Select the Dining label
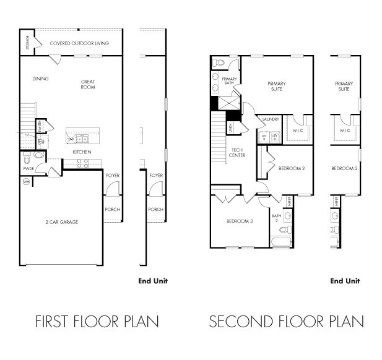40,79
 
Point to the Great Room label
88,84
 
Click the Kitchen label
82,152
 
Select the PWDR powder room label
28,168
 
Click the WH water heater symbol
26,182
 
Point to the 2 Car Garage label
61,221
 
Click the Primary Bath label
230,81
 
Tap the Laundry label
271,119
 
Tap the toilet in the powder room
38,159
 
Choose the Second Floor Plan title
286,322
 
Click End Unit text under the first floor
152,280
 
